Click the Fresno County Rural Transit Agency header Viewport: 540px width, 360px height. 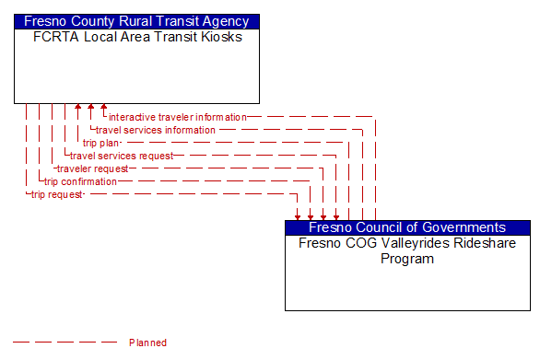point(136,21)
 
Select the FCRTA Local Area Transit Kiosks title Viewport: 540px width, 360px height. point(136,37)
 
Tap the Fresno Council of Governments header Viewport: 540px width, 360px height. point(407,227)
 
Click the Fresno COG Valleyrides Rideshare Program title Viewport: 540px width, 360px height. point(407,251)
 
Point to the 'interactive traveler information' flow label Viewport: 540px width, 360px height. point(178,117)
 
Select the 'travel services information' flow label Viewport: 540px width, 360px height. point(156,130)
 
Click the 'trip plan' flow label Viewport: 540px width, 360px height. point(101,143)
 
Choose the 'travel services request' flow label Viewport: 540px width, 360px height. point(122,156)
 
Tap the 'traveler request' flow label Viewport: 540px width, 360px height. point(92,168)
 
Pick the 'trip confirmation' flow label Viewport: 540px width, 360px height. point(81,181)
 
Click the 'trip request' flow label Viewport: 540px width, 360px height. point(57,194)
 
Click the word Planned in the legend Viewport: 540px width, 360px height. point(147,343)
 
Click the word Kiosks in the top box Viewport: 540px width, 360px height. point(222,37)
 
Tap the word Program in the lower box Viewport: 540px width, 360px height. point(407,259)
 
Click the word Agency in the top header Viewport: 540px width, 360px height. point(228,21)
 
